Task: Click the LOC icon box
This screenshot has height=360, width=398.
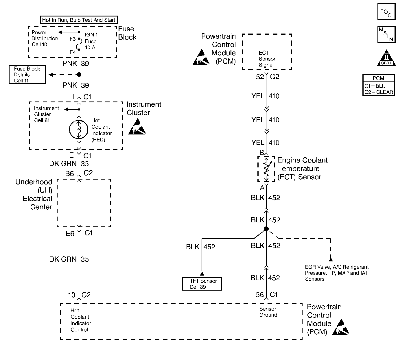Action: coord(386,12)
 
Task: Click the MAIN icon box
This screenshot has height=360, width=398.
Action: coord(386,34)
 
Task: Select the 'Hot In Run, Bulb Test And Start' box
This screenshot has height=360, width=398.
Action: coord(79,20)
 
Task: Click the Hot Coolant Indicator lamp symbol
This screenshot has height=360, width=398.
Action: coord(79,130)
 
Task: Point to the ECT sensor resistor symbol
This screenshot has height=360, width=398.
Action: coord(266,169)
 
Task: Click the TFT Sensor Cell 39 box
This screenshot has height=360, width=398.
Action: coord(202,284)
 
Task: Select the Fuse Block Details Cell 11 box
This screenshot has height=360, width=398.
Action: coord(27,75)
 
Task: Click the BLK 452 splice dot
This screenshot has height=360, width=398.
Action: coord(266,229)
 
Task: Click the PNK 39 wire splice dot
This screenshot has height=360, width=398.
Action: coord(79,75)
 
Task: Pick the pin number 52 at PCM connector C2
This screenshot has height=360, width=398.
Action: coord(260,77)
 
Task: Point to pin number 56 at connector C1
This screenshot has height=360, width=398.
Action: coord(260,295)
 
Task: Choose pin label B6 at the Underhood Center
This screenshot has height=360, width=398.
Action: coord(70,173)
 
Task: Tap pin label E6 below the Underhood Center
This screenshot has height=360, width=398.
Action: coord(70,233)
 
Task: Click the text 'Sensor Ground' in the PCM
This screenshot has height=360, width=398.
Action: coord(268,312)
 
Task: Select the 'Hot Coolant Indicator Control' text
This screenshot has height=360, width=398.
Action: coord(81,320)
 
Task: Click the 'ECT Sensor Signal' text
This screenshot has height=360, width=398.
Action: coord(267,59)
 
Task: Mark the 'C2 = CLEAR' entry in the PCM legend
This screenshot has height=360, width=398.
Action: coord(379,92)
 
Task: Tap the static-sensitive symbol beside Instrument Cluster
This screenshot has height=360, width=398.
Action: coord(137,127)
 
